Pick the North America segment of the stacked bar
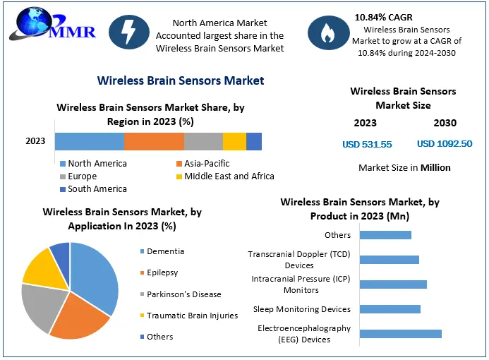[x=89, y=141]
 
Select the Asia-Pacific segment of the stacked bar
[x=154, y=141]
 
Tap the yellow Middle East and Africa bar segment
[x=234, y=141]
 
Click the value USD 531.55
[x=367, y=145]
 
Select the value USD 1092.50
[x=445, y=145]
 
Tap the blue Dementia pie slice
[x=96, y=275]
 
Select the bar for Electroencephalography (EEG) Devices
[x=400, y=333]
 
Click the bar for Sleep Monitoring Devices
[x=390, y=308]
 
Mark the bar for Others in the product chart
[x=385, y=235]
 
